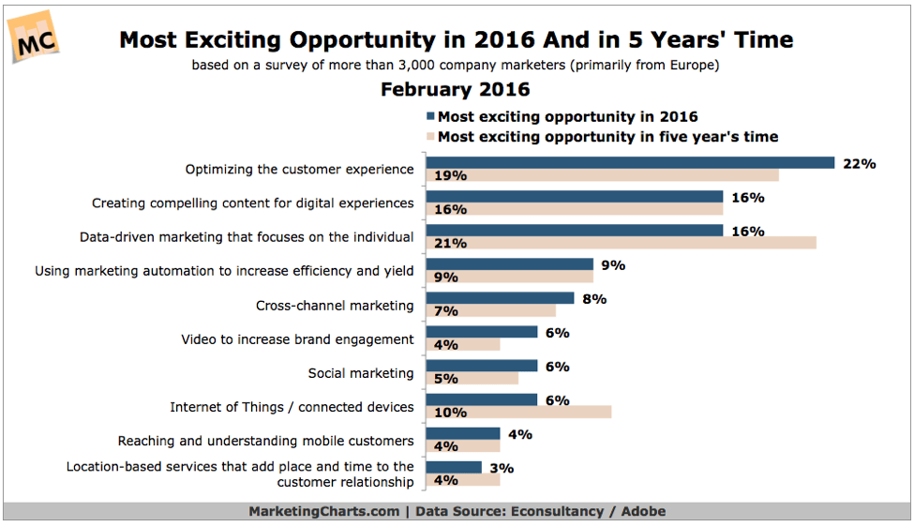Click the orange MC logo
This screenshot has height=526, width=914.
coord(34,37)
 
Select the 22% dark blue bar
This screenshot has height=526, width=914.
coord(630,163)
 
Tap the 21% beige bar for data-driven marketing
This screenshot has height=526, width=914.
coord(621,243)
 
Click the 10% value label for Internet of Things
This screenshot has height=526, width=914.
coord(450,413)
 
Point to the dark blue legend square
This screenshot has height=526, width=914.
coord(431,116)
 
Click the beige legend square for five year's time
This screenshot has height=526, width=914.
coord(431,137)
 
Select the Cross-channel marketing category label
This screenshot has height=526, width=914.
coord(335,306)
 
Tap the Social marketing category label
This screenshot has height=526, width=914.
coord(361,373)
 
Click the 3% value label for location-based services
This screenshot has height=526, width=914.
coord(502,468)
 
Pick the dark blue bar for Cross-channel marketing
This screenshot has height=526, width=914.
coord(501,298)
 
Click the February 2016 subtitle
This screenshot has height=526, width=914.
coord(456,89)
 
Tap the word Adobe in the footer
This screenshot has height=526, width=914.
coord(643,511)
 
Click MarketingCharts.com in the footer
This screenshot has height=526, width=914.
coord(324,511)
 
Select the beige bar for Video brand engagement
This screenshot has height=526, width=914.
coord(463,344)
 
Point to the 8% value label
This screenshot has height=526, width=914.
coord(594,299)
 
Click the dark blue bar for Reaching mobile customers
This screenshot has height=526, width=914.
coord(463,433)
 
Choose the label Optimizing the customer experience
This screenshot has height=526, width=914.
coord(300,169)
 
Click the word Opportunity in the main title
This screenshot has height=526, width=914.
coord(363,41)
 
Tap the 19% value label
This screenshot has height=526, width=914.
coord(450,175)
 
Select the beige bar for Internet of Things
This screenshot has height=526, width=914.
coord(518,412)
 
